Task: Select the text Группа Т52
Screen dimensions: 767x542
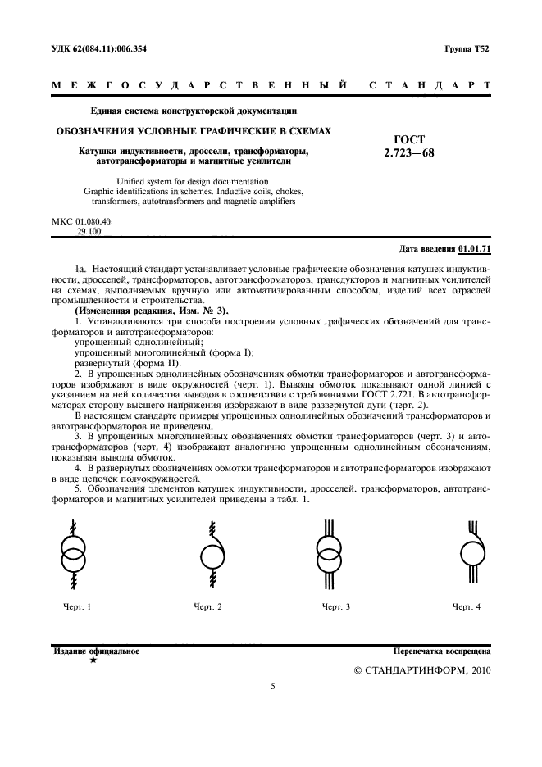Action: pos(467,50)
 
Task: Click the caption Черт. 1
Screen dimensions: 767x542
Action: pos(77,606)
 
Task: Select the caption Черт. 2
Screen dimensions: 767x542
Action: pos(207,606)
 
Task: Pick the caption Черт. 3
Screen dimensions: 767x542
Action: pos(336,606)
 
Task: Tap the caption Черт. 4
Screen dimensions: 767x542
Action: pos(467,606)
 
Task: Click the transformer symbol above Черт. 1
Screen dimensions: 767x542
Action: pos(75,554)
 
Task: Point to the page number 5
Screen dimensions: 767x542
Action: pos(272,687)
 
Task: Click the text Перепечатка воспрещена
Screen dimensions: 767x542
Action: pos(442,652)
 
